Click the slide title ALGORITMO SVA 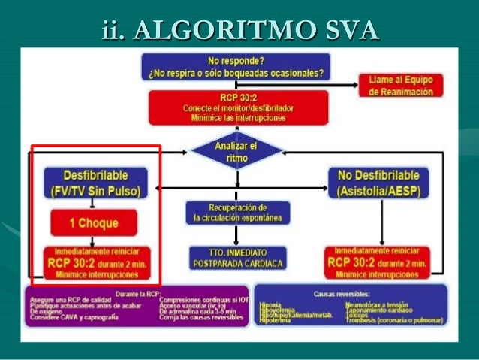239,30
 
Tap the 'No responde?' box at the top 236,66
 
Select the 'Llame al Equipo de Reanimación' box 401,84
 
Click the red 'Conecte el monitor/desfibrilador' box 237,107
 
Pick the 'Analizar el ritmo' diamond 236,152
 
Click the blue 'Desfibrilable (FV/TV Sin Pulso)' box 95,183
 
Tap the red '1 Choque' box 95,222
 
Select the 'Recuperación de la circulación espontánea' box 236,213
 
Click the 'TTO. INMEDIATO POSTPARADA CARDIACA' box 236,257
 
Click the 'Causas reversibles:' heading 350,291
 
